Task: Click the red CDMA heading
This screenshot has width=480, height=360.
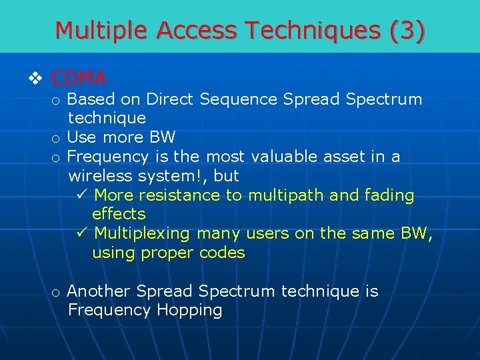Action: coord(79,79)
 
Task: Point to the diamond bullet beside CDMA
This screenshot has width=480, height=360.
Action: coord(36,79)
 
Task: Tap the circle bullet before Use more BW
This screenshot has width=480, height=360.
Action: coord(57,139)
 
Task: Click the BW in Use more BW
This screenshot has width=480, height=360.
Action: coord(163,138)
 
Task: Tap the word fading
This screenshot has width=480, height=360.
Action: coord(389,195)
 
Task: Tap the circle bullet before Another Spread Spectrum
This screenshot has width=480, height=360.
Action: coord(57,292)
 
